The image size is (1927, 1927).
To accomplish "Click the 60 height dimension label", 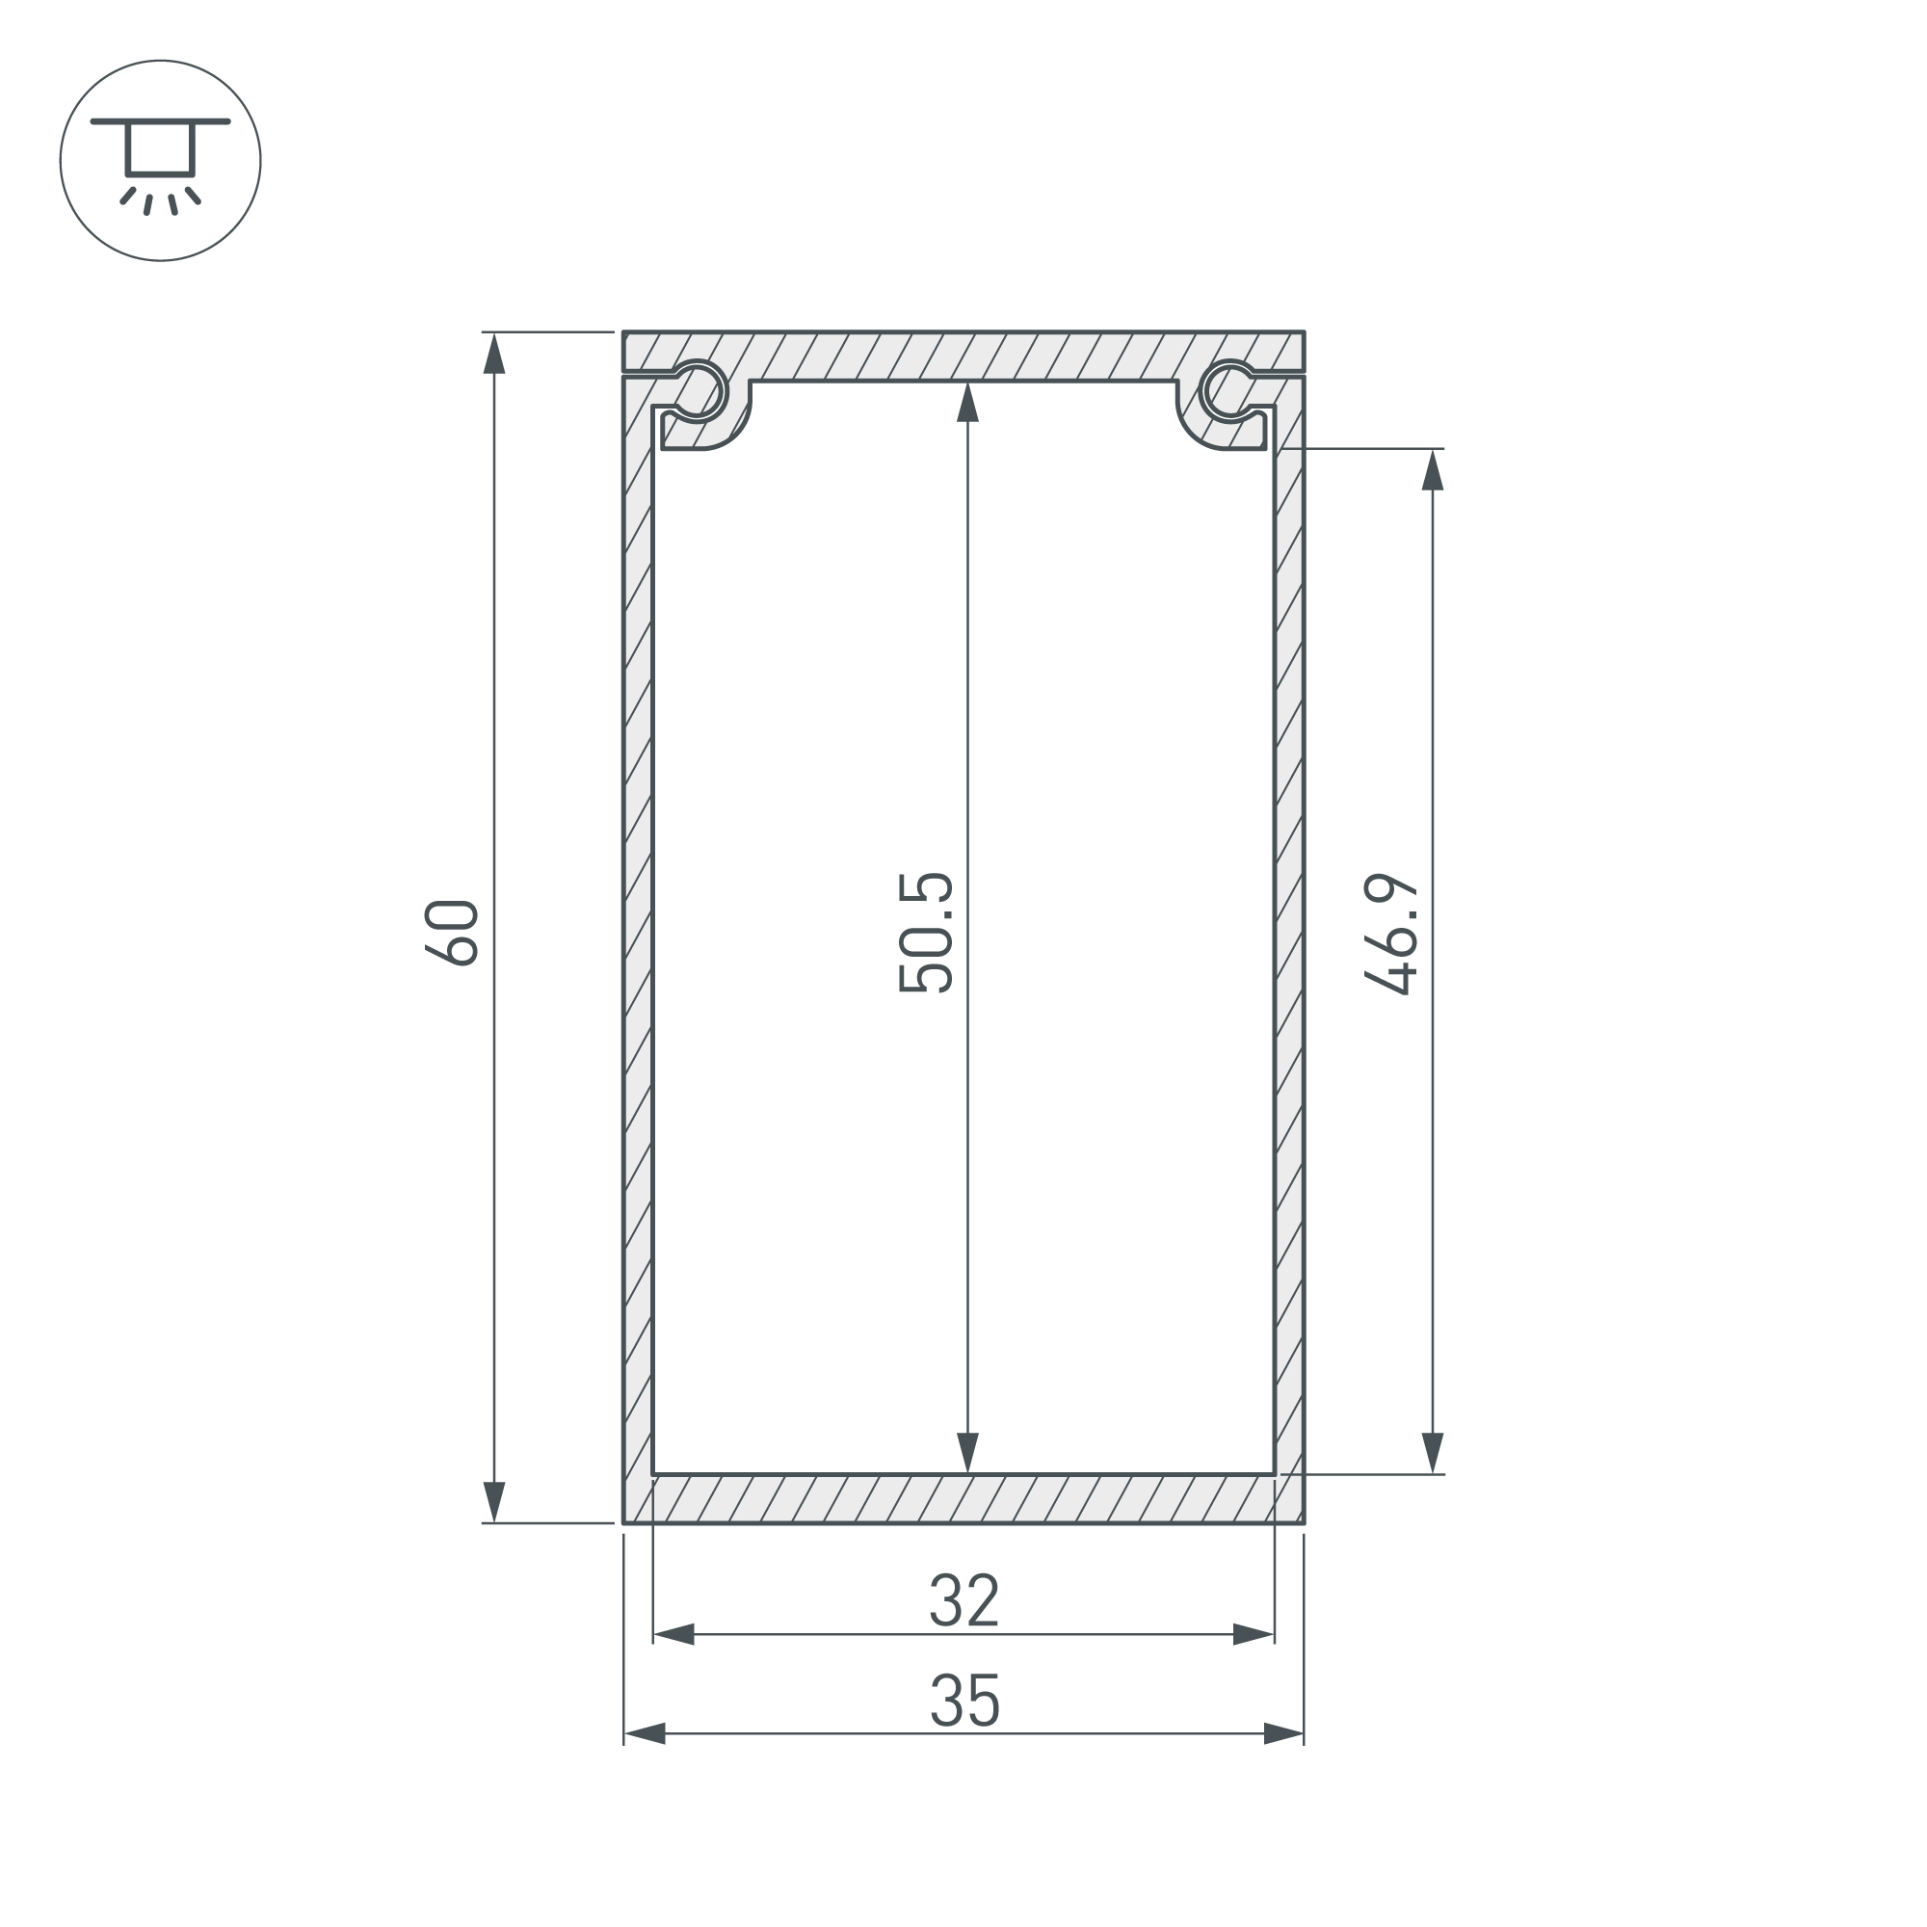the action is point(452,932).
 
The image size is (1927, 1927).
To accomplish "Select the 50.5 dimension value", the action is point(927,933).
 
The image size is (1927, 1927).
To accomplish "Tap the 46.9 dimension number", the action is point(1391,935).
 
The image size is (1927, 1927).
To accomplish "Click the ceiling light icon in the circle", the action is point(161,161).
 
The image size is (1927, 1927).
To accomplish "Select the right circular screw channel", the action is point(1228,389).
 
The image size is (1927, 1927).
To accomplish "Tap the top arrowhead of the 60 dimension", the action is point(494,353).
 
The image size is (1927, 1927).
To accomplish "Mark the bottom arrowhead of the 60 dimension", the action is point(494,1502).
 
